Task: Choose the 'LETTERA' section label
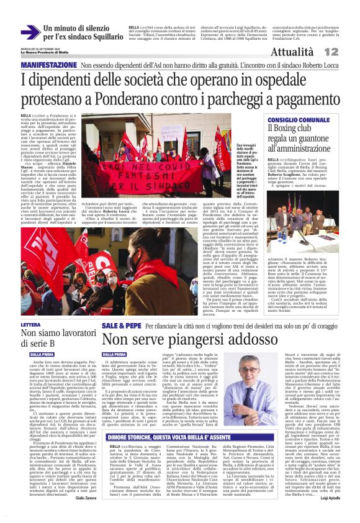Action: [31, 325]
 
